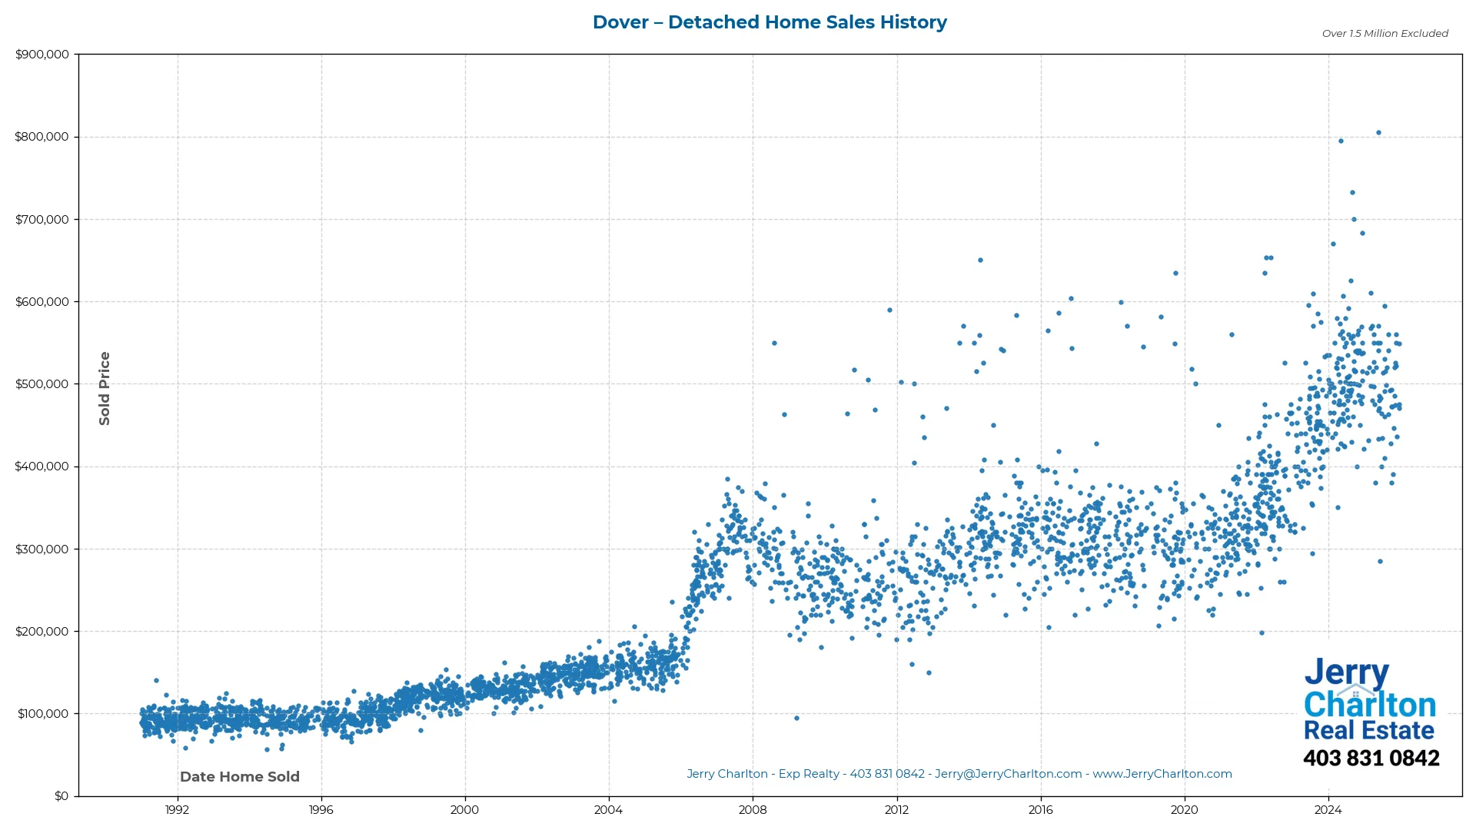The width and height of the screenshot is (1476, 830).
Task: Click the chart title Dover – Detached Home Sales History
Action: coord(770,22)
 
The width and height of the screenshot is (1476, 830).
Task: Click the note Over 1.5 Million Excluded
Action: coord(1385,33)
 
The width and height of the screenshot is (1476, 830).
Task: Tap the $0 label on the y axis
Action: coord(61,796)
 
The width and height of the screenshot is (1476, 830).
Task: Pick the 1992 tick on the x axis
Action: coord(177,810)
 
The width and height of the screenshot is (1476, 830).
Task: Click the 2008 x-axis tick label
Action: coord(753,810)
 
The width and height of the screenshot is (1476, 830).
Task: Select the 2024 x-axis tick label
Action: coord(1328,810)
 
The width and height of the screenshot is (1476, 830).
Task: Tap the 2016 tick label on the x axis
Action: coord(1040,810)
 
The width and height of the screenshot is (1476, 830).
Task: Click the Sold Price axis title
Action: coord(105,388)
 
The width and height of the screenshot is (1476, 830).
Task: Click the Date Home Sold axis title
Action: coord(240,777)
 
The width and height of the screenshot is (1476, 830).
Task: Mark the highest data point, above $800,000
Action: coord(1378,132)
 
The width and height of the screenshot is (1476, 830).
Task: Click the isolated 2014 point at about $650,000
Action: coord(980,260)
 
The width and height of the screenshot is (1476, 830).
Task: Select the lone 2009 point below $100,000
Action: coord(796,718)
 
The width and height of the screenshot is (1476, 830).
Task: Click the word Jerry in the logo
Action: coord(1346,674)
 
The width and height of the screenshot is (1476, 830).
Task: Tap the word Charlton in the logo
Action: coord(1370,705)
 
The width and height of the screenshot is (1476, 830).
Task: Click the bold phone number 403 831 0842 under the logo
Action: coord(1371,759)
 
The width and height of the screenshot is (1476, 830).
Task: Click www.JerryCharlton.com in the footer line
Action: coord(1162,774)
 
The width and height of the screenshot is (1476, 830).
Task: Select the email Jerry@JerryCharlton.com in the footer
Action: coord(1008,774)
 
